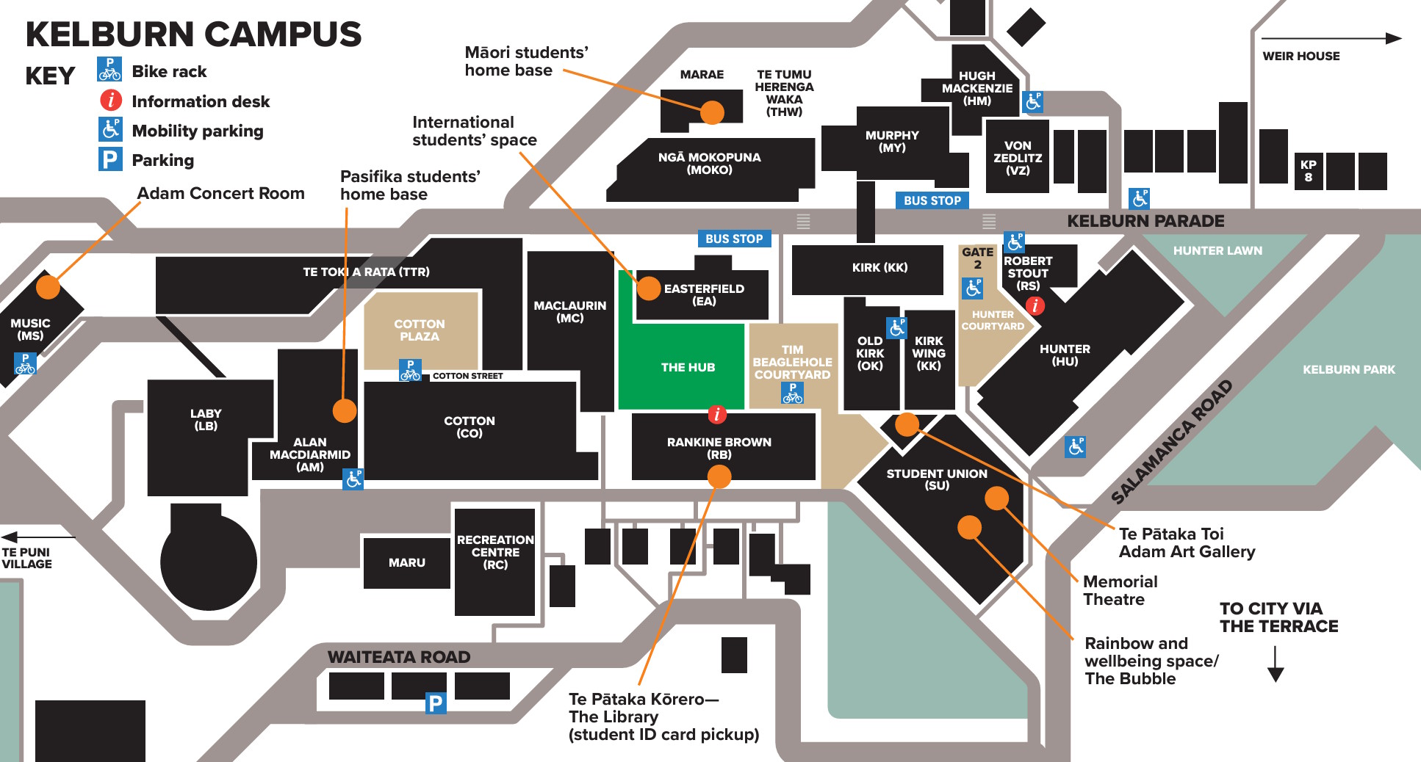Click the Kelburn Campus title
click(193, 35)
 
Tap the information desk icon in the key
click(111, 100)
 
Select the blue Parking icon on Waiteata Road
click(436, 703)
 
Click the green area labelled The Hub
click(687, 367)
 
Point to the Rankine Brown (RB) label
click(719, 448)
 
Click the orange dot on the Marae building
click(712, 112)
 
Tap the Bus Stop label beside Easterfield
click(733, 239)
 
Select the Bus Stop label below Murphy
click(932, 200)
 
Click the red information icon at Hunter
click(1035, 305)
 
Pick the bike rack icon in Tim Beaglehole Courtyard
click(792, 393)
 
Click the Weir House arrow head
click(1393, 38)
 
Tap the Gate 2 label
click(977, 258)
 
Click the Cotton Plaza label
click(420, 330)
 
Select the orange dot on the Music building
click(48, 286)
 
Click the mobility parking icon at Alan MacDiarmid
click(353, 479)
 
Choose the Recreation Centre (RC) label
click(495, 552)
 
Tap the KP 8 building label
click(1308, 170)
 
